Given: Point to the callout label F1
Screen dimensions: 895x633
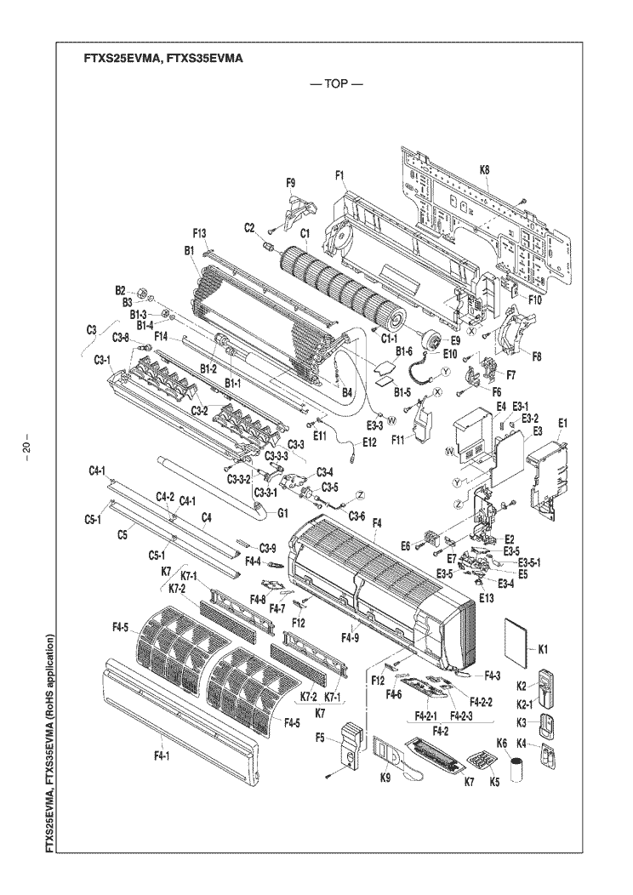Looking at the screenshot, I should (x=339, y=176).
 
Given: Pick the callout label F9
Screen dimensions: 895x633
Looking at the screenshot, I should (x=290, y=182).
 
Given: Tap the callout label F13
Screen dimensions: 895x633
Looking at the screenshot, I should (x=200, y=232).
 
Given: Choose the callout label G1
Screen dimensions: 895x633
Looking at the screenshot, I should (x=282, y=513).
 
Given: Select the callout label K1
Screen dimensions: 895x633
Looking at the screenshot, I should (x=542, y=648).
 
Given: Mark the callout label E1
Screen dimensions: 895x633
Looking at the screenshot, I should (x=564, y=423).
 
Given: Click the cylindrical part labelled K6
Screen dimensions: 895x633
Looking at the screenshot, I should (x=514, y=769).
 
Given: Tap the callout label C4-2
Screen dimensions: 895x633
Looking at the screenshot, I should (x=164, y=497).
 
